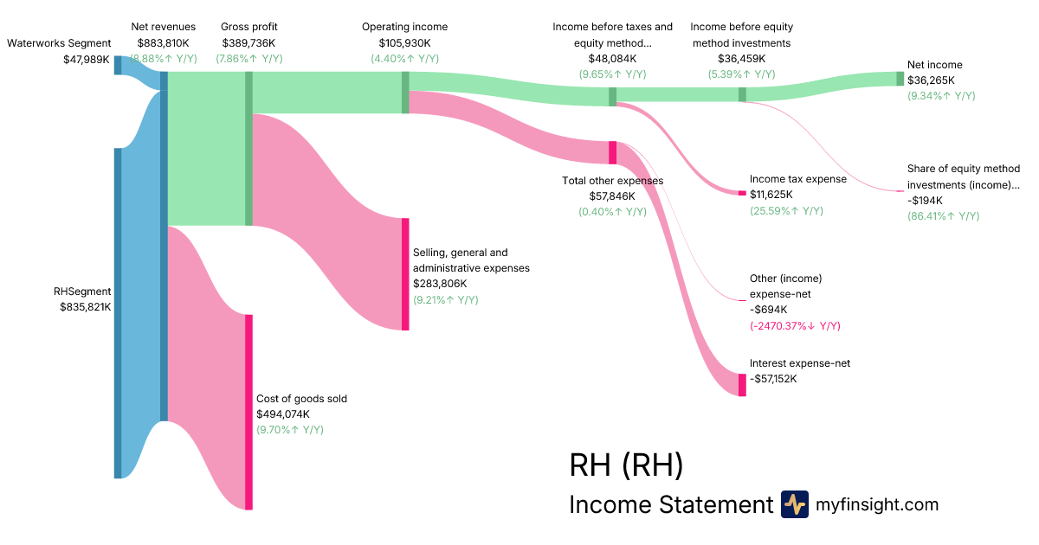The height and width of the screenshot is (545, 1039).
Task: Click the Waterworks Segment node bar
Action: point(118,65)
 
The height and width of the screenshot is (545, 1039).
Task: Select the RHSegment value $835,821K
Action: point(85,306)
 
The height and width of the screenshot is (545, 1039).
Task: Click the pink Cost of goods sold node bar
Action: point(248,412)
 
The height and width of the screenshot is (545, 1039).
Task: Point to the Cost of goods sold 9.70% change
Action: point(290,429)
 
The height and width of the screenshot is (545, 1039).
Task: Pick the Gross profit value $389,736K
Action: point(249,42)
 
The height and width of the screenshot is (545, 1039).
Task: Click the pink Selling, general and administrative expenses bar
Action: point(404,274)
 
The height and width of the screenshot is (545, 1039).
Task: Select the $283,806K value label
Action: point(440,284)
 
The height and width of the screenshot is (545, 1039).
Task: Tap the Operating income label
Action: point(404,27)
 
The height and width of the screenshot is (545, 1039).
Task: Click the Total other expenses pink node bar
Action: point(612,152)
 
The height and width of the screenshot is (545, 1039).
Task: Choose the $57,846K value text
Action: point(612,196)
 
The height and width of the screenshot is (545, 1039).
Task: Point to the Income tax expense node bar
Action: point(741,192)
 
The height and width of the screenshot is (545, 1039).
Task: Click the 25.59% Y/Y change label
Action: point(786,210)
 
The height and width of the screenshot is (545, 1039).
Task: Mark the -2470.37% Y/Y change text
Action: point(795,326)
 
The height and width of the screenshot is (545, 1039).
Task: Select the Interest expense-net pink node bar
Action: point(742,385)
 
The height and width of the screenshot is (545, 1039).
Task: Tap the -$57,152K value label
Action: point(773,379)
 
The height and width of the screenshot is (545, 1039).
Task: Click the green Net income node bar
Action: point(900,79)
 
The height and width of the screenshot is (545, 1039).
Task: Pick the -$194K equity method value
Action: point(926,200)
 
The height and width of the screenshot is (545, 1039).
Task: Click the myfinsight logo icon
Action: point(794,504)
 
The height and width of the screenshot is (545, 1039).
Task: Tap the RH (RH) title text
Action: point(626,465)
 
